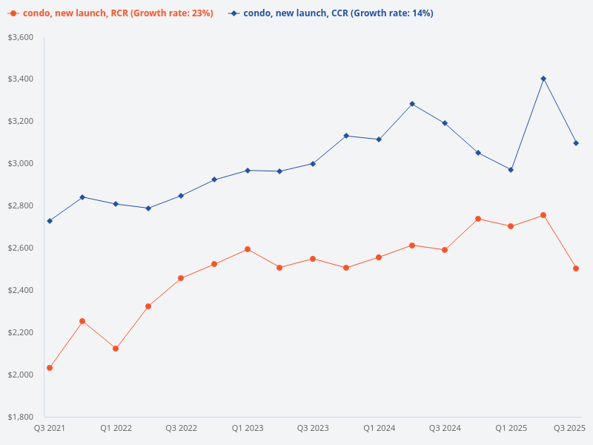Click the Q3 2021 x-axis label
point(50,428)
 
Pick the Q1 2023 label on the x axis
point(248,428)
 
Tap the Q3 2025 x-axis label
point(570,428)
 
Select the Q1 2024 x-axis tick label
point(379,428)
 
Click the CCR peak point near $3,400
point(543,79)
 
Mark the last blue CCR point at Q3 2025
point(576,143)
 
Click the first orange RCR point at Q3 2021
point(50,368)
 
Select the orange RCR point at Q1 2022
point(116,349)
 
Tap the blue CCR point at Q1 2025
point(511,170)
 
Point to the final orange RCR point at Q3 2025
point(576,268)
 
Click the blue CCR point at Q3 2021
point(50,221)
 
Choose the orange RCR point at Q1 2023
point(248,249)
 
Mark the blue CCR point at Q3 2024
point(445,123)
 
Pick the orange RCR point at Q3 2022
point(181,278)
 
